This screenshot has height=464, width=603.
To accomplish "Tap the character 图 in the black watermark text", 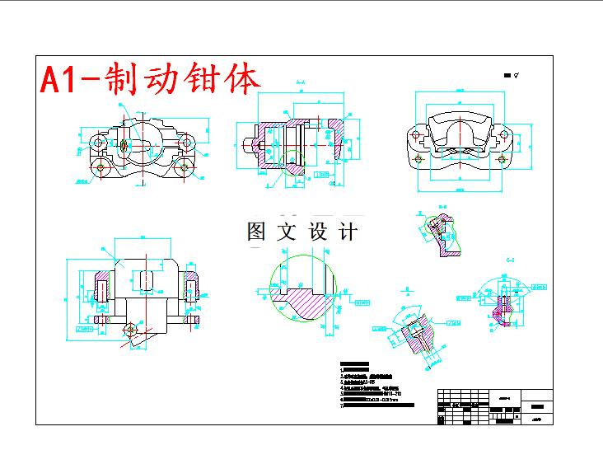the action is click(x=257, y=232).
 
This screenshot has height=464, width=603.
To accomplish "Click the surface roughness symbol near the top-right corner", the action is click(x=516, y=74).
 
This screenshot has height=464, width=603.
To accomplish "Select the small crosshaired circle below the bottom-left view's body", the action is click(x=129, y=330).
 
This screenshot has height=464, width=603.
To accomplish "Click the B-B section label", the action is click(x=442, y=208).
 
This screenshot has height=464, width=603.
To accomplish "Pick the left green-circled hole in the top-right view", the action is click(x=418, y=157).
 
